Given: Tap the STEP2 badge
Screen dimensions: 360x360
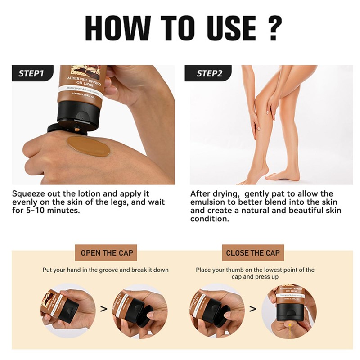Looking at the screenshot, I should point(208,73).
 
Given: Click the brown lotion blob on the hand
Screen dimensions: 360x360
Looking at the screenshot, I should point(88,146).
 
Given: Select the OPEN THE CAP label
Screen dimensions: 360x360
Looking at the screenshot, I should point(107,253).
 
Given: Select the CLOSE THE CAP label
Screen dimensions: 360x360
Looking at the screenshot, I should point(252,253).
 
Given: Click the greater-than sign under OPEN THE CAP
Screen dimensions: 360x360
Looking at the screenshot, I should point(103,309).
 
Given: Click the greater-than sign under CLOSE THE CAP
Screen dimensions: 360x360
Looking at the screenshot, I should point(252,309).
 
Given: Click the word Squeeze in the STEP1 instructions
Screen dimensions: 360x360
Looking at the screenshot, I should point(29,194).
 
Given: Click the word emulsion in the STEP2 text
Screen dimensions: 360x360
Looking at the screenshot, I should point(209,202).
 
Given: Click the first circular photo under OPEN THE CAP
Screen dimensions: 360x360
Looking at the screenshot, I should point(67,310).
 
